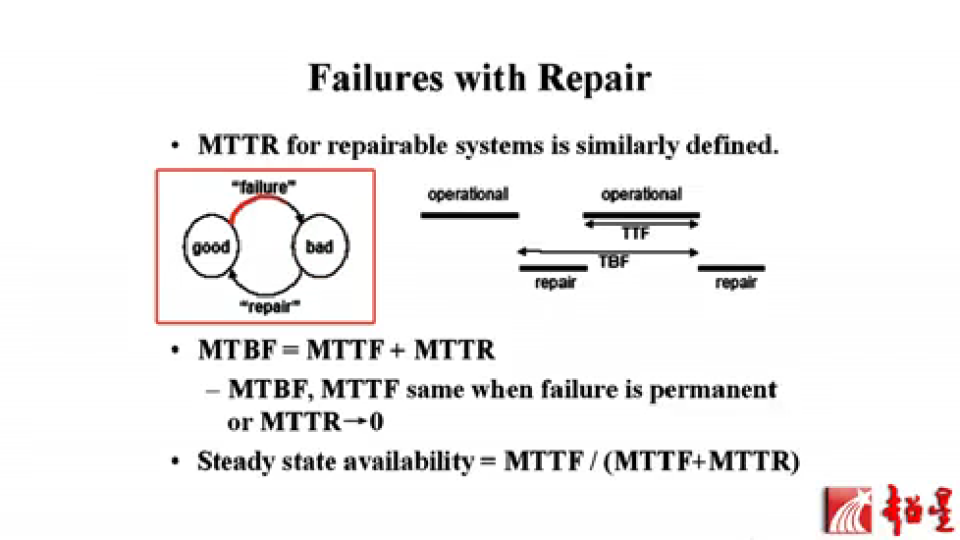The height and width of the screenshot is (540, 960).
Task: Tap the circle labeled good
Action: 210,246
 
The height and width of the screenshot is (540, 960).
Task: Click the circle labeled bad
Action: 320,246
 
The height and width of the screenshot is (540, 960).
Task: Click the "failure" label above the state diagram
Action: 266,184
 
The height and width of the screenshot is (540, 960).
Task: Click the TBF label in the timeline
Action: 613,262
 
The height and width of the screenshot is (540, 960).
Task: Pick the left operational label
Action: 467,194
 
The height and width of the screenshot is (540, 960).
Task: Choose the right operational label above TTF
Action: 641,194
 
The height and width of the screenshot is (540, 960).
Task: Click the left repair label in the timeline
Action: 555,283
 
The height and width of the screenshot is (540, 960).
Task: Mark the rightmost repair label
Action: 735,283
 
